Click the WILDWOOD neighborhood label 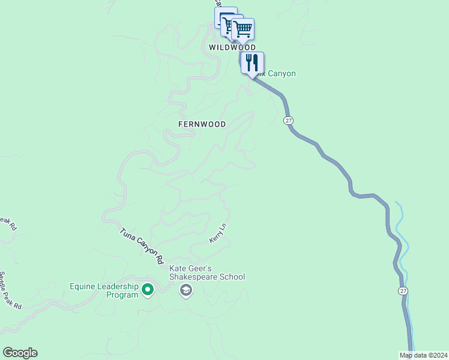[232, 47]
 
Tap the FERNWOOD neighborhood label [202, 124]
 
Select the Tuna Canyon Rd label [142, 246]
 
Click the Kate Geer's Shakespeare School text [207, 272]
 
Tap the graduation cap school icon [186, 291]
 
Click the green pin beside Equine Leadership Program [148, 290]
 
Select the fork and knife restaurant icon [252, 62]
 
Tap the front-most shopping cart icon [243, 28]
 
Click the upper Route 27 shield [289, 121]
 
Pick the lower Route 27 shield [403, 290]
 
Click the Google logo [20, 353]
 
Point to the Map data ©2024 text [423, 355]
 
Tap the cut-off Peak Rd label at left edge [7, 223]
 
